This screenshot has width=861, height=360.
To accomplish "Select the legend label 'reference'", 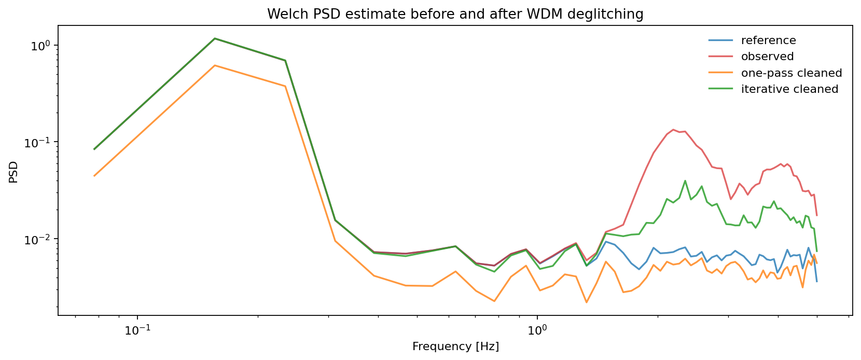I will coord(768,40).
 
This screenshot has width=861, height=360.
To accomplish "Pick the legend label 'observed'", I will coord(767,57).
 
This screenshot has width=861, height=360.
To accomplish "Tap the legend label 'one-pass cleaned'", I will coord(791,73).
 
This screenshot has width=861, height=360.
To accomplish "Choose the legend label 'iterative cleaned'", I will coord(789,89).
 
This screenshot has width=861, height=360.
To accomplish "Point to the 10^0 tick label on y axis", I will coord(43,45).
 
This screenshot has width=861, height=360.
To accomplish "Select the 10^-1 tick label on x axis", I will coord(138,330).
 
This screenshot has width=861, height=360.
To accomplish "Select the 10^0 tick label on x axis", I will coord(537,330).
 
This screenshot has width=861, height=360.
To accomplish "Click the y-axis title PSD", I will coord(13,172).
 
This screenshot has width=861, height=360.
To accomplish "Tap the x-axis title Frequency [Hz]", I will coord(455,347).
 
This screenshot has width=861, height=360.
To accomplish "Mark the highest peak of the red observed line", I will coord(673,130).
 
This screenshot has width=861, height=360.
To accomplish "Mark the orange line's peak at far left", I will coord(215,65).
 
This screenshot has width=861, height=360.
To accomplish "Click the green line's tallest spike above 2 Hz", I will coord(685,181).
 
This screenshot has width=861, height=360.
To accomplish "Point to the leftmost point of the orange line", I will coord(94,176).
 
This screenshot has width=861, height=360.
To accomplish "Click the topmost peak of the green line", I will coord(215,38).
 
